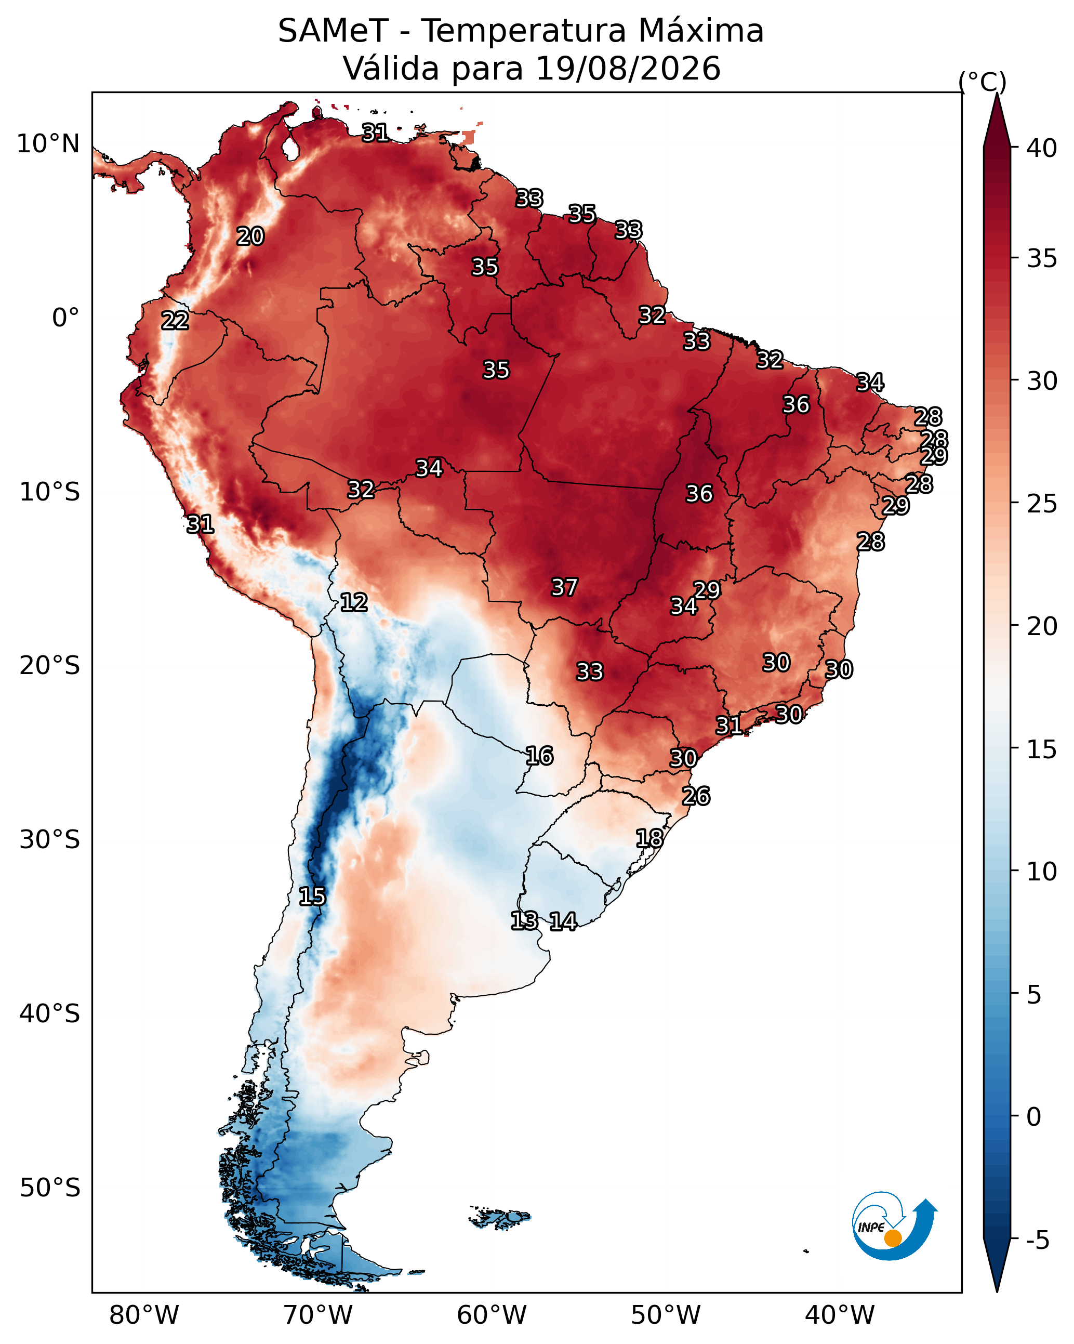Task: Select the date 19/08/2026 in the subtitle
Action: point(628,68)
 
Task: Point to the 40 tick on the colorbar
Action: point(1042,148)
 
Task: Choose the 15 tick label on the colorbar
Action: point(1042,749)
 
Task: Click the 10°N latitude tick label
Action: point(48,144)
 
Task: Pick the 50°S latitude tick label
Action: point(50,1188)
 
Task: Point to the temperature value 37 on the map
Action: point(564,587)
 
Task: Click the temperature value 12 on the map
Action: point(353,602)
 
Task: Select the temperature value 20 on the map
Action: point(250,236)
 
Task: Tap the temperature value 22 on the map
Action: point(175,321)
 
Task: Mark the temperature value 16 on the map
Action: point(539,756)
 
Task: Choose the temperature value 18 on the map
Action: point(649,838)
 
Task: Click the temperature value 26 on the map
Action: point(696,796)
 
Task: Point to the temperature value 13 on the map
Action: point(524,921)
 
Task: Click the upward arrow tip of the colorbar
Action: point(997,94)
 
